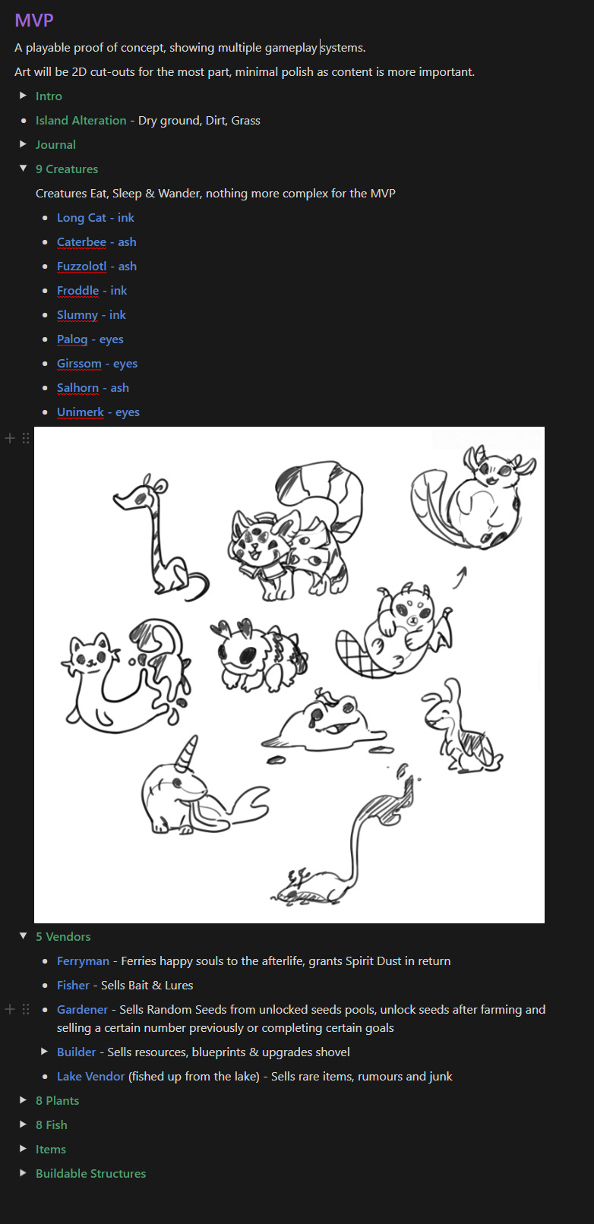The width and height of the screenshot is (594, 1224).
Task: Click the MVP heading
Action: pyautogui.click(x=34, y=21)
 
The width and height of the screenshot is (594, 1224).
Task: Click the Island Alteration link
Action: pyautogui.click(x=81, y=120)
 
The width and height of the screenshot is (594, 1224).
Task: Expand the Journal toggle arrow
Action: pyautogui.click(x=23, y=144)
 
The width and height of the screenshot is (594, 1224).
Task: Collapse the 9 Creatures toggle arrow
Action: pyautogui.click(x=23, y=169)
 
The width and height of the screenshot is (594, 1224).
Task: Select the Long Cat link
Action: pyautogui.click(x=81, y=217)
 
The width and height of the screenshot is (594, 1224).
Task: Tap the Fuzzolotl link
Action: pyautogui.click(x=81, y=266)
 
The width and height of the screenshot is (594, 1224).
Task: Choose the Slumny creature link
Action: pyautogui.click(x=77, y=315)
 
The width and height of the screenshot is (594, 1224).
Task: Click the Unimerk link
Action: pyautogui.click(x=81, y=412)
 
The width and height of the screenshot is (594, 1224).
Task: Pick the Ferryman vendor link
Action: pyautogui.click(x=83, y=961)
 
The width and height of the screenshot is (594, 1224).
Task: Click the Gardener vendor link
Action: pyautogui.click(x=83, y=1009)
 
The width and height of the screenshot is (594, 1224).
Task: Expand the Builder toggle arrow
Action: pyautogui.click(x=44, y=1052)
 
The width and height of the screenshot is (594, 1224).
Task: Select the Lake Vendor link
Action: pyautogui.click(x=90, y=1077)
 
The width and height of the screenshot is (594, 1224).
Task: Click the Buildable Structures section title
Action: pyautogui.click(x=90, y=1173)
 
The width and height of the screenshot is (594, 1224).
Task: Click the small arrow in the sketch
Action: pyautogui.click(x=460, y=578)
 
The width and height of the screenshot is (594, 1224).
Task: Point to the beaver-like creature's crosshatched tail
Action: pyautogui.click(x=356, y=655)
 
